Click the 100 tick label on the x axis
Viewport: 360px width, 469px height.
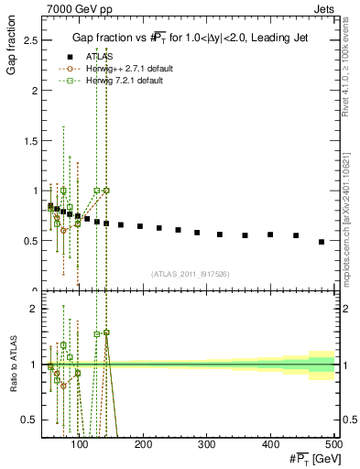point(81,445)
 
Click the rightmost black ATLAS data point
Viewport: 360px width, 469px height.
point(322,242)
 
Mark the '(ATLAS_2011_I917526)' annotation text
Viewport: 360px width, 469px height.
point(191,274)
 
